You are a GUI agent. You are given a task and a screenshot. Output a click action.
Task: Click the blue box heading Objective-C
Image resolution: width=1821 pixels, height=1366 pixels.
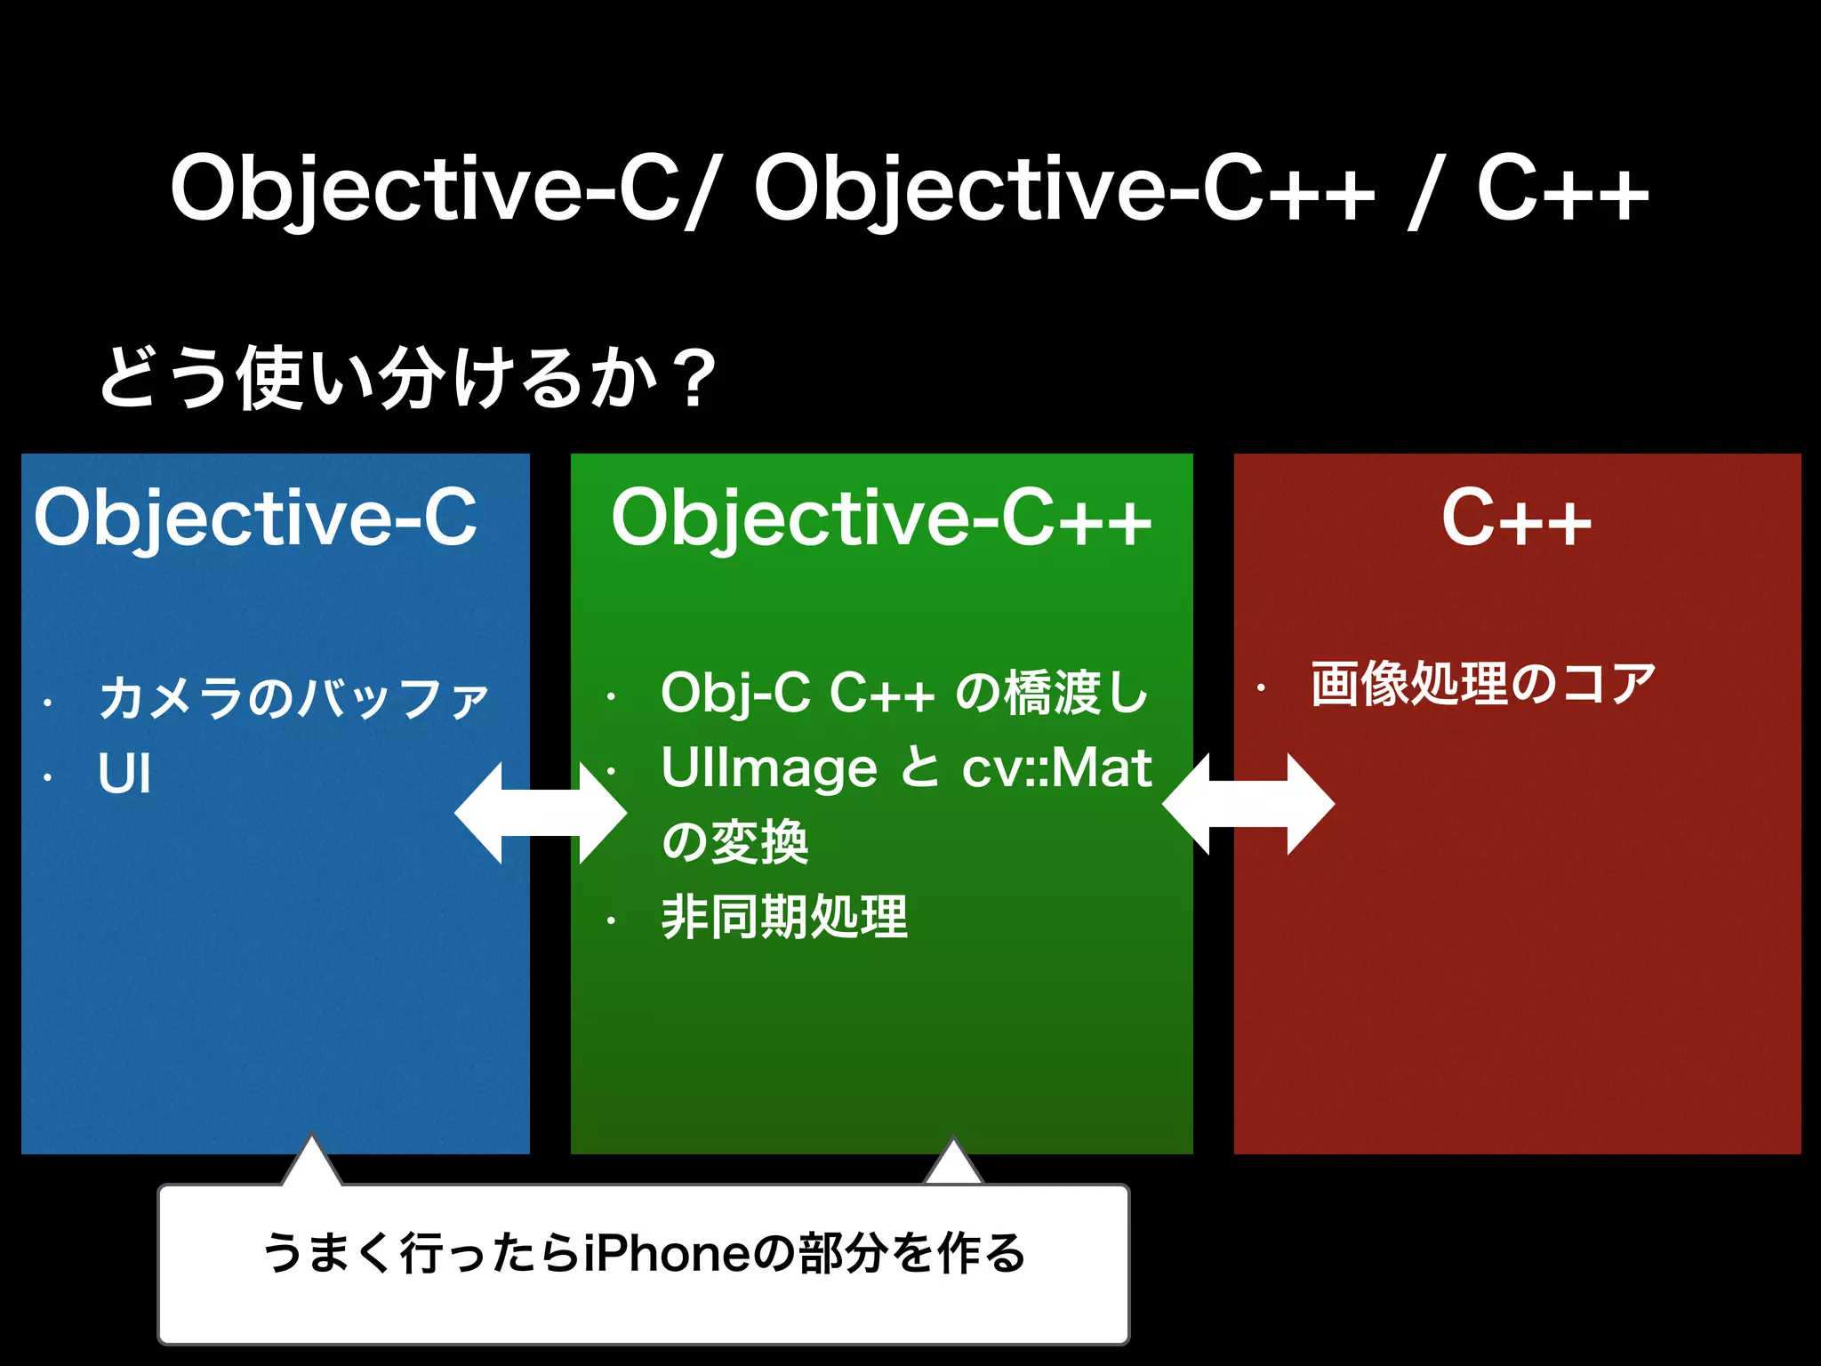pos(255,518)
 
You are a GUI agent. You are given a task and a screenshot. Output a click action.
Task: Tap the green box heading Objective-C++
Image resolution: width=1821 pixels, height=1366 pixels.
pos(881,518)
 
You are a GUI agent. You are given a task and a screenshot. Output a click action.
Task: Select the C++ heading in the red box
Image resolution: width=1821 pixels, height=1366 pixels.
pos(1516,518)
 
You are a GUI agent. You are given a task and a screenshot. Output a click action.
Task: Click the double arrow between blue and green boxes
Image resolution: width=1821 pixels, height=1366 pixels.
pos(541,813)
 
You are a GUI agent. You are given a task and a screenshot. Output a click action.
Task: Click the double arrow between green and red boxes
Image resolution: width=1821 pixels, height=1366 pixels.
pos(1248,804)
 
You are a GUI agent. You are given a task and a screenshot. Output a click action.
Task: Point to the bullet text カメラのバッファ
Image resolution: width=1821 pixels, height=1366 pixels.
pos(293,698)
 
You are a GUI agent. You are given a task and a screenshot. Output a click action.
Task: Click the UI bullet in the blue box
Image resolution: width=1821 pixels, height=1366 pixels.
pos(124,774)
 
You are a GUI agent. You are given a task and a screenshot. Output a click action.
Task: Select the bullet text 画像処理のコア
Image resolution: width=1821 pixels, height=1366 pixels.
pos(1483,684)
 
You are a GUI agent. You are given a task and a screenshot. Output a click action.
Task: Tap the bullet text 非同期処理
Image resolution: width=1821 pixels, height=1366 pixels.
pos(784,917)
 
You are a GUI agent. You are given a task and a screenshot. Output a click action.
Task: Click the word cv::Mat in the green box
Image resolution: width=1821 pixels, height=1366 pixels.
pos(1056,767)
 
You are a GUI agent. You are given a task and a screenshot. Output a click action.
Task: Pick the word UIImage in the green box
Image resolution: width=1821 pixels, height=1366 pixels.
pos(769,767)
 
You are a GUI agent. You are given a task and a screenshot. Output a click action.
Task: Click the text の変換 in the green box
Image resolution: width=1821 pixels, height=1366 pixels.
pos(734,841)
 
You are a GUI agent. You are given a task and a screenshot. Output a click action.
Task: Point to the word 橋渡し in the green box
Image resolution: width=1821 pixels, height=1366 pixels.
pos(1076,693)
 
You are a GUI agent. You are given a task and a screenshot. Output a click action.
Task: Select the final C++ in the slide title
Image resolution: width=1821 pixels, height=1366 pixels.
pos(1562,189)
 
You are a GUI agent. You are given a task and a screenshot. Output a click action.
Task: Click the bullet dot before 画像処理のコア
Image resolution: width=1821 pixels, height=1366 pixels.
pos(1260,687)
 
